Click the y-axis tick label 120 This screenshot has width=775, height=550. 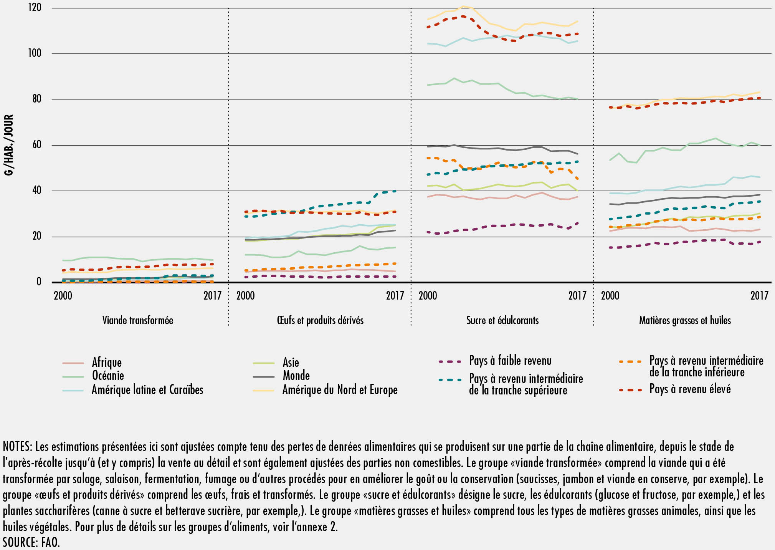(x=35, y=8)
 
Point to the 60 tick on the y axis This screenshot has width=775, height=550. (x=36, y=145)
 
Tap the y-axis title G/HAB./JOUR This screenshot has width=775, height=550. (x=8, y=145)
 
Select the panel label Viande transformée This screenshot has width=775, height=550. (x=137, y=320)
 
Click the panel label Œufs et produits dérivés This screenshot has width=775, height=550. (x=320, y=320)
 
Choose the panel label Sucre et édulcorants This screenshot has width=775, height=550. (x=502, y=320)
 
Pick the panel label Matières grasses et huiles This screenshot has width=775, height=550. (x=685, y=320)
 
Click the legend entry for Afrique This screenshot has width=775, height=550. (x=106, y=362)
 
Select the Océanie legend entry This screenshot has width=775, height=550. (x=108, y=376)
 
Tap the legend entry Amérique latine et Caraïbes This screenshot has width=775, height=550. (x=147, y=390)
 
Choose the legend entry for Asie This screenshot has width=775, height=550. (x=291, y=362)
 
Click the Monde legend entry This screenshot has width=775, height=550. (x=296, y=376)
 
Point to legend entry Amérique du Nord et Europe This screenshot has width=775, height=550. (x=340, y=390)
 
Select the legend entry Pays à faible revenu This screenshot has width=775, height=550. (x=510, y=361)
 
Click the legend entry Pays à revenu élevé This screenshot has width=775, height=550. (x=690, y=389)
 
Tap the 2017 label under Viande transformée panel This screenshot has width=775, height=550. (x=212, y=295)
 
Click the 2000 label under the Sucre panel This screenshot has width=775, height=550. (x=428, y=295)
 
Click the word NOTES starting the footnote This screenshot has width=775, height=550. (x=17, y=446)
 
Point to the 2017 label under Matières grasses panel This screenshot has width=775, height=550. (x=759, y=295)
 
